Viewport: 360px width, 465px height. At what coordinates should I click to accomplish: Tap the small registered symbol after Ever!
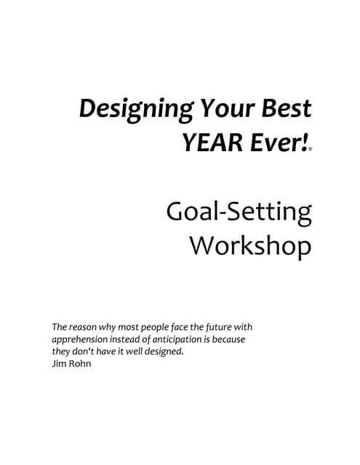(311, 149)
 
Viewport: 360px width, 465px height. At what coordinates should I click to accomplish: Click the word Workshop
(251, 246)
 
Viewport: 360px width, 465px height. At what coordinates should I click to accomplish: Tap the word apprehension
(82, 339)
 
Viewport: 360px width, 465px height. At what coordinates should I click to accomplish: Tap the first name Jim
(58, 364)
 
